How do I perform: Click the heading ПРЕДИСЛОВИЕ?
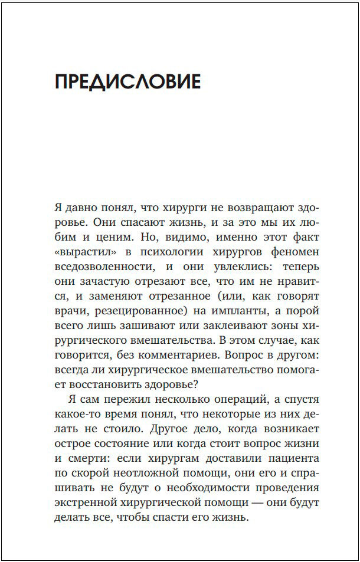click(x=127, y=82)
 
